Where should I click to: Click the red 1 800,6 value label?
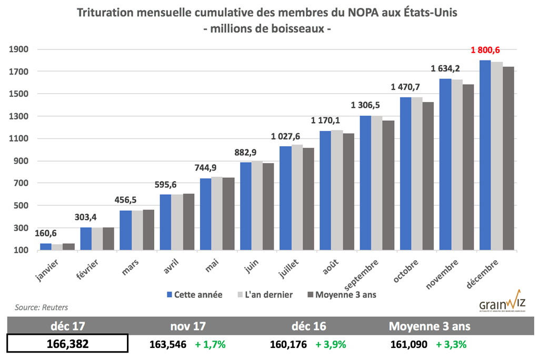(x=485, y=50)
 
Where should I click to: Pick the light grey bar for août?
(x=337, y=190)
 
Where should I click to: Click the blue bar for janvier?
(x=46, y=246)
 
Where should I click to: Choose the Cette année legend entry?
(x=195, y=295)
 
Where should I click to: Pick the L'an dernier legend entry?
(x=266, y=295)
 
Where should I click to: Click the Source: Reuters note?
(x=38, y=307)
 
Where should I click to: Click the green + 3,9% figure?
(x=331, y=345)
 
